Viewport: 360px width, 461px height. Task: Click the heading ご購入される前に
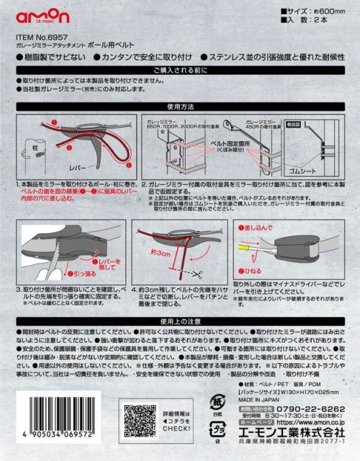pos(179,71)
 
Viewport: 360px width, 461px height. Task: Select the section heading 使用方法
pos(179,105)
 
